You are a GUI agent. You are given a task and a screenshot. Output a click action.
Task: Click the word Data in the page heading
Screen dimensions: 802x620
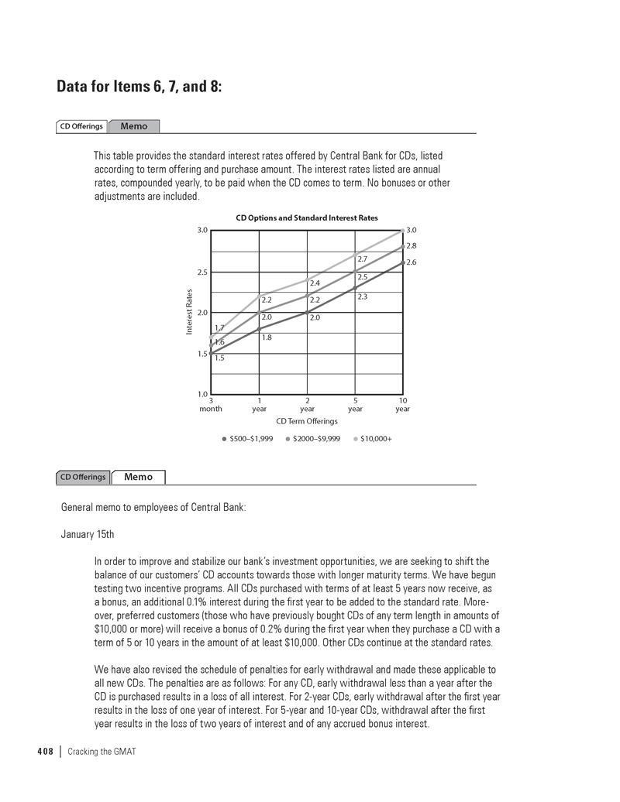pos(76,87)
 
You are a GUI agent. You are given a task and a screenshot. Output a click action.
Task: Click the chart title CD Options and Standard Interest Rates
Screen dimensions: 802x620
pos(307,218)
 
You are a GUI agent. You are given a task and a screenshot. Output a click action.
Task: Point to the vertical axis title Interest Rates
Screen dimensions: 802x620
pos(189,312)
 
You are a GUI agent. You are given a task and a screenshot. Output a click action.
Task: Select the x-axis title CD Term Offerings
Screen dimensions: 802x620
pos(307,421)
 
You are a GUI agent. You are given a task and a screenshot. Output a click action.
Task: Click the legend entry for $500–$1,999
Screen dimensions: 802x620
pos(247,439)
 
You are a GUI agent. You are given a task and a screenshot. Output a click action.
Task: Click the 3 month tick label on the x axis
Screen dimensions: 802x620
pos(211,405)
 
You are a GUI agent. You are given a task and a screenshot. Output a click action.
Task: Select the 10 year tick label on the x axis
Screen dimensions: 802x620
pos(402,405)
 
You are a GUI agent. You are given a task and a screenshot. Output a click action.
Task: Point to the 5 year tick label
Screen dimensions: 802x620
pos(355,405)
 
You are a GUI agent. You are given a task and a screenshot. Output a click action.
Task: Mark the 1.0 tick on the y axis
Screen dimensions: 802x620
pos(202,394)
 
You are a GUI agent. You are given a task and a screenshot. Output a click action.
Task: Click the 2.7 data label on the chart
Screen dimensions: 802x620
pos(362,259)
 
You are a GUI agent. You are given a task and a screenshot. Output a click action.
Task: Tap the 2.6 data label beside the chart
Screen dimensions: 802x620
pos(412,262)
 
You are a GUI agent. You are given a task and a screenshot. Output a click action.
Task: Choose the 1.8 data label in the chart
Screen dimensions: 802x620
pos(267,338)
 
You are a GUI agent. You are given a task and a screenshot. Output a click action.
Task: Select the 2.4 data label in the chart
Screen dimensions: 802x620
pos(315,283)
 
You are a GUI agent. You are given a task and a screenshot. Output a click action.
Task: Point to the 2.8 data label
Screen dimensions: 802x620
pos(412,246)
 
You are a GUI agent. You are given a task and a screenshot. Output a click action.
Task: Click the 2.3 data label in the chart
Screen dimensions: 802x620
pos(362,296)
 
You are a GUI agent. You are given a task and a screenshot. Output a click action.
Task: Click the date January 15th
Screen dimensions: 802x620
pos(87,534)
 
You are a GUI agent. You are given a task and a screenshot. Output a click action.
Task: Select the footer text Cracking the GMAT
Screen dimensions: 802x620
pos(102,752)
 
